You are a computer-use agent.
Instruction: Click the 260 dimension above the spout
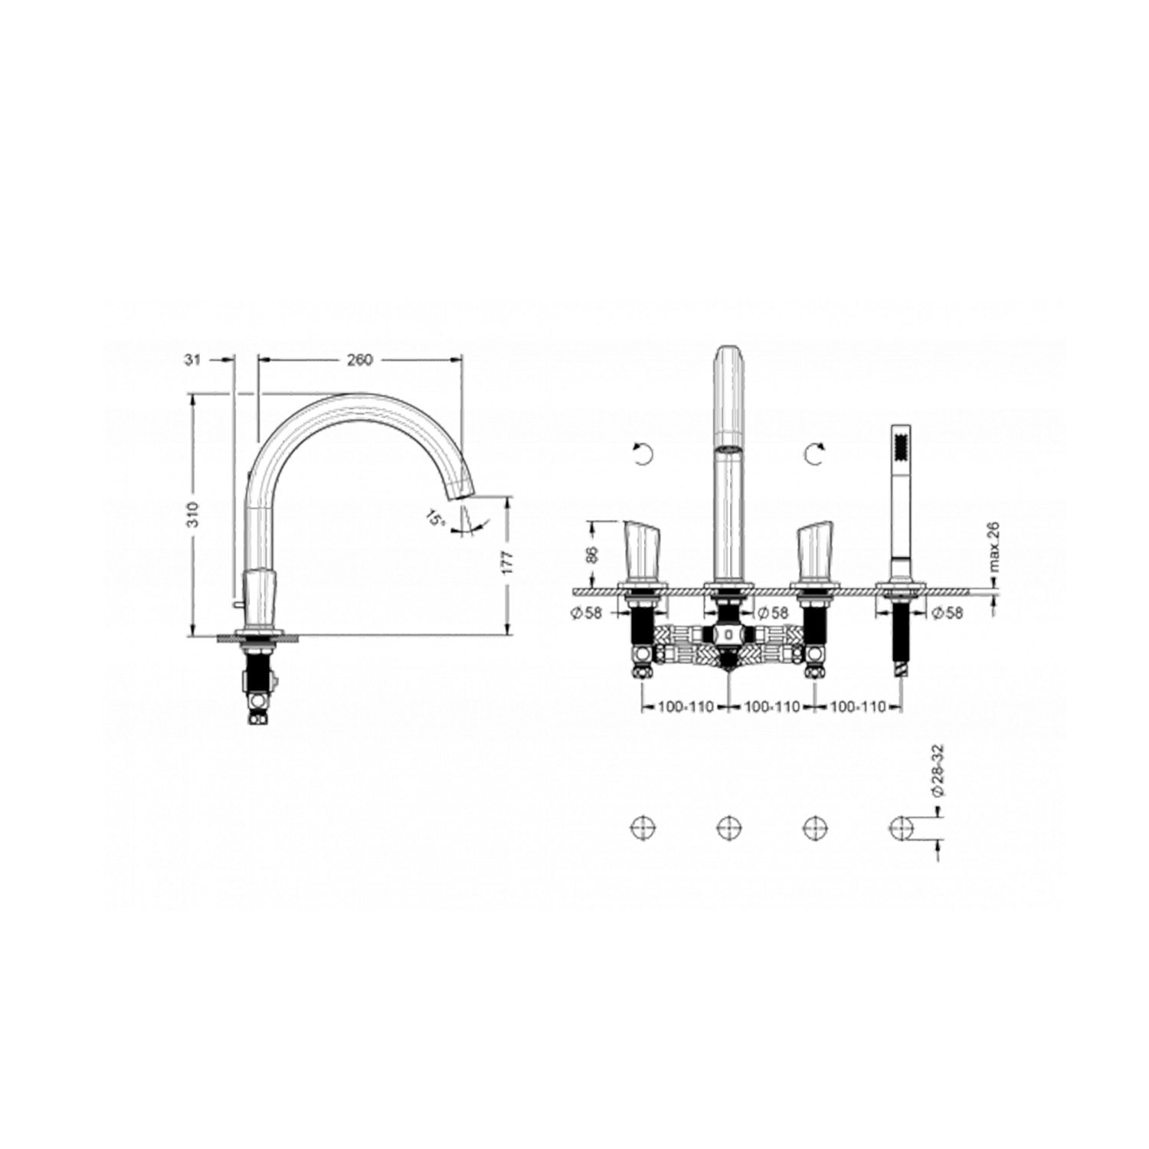pos(359,359)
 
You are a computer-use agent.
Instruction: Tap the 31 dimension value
pos(192,359)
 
